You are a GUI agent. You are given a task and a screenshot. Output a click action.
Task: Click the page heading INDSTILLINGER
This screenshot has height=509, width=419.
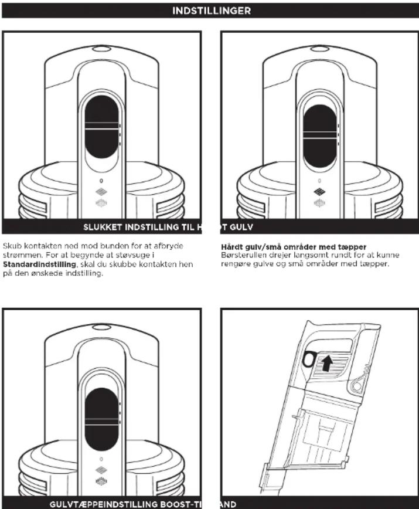click(x=212, y=11)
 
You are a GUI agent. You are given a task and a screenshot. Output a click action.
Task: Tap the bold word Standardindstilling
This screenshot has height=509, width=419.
click(x=39, y=264)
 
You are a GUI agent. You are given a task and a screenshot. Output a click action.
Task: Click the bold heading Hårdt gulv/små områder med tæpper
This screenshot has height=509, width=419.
click(x=294, y=247)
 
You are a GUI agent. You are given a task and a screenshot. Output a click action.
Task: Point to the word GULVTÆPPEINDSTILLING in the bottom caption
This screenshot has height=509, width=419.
click(x=104, y=504)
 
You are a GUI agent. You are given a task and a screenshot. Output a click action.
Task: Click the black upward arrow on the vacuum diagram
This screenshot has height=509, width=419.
click(x=328, y=362)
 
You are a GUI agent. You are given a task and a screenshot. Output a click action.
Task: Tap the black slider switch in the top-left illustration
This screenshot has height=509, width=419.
click(x=102, y=127)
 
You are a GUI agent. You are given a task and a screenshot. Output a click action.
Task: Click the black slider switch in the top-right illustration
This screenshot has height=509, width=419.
click(x=320, y=137)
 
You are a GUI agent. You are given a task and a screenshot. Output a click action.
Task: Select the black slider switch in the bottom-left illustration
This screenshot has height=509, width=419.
click(x=102, y=419)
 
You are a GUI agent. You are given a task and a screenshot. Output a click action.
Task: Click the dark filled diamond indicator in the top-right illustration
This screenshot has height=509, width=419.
click(x=320, y=192)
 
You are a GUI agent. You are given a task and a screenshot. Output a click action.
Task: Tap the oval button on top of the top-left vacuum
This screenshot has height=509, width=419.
click(x=102, y=49)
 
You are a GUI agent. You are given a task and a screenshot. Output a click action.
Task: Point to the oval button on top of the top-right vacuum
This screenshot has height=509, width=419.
click(x=320, y=49)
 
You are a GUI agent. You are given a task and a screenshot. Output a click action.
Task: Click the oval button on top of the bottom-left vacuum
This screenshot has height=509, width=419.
click(x=102, y=327)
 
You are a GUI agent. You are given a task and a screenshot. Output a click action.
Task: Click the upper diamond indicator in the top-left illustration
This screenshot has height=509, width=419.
click(x=101, y=192)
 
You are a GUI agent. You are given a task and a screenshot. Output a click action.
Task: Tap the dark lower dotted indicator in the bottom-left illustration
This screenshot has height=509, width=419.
click(x=101, y=481)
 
